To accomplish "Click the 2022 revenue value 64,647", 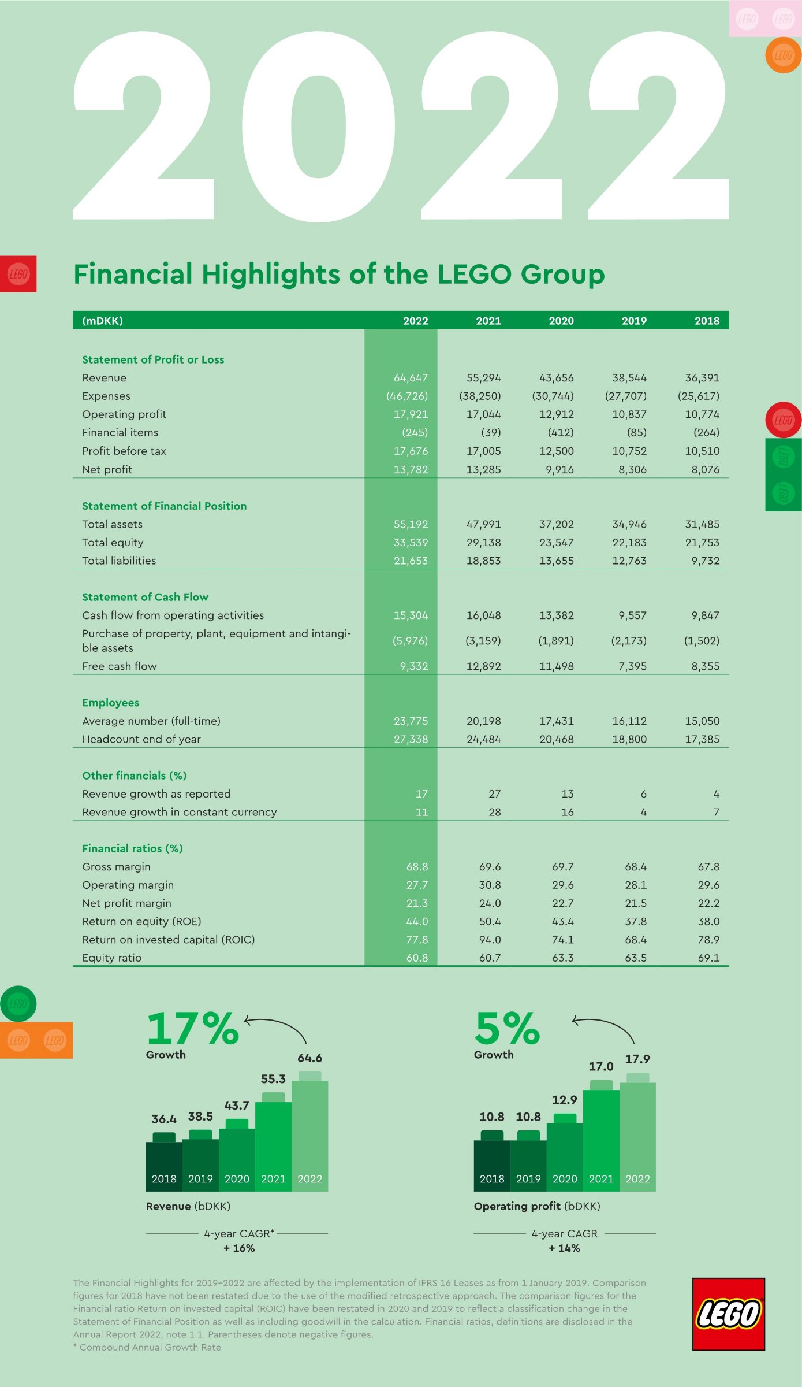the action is click(411, 378).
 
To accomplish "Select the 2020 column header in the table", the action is click(561, 321).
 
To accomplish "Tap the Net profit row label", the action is click(107, 469).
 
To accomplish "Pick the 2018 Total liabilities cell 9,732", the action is click(705, 561).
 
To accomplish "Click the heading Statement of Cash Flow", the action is click(145, 597).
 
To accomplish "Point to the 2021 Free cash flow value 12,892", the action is click(483, 666).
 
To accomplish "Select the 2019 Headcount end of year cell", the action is click(629, 739).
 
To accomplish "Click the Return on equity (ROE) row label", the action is click(141, 921).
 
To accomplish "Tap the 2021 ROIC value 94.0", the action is click(490, 940).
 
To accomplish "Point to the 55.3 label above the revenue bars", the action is click(273, 1079).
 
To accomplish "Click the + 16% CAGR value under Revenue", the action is click(239, 1248).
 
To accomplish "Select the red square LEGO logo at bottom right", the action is click(729, 1314).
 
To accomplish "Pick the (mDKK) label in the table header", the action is click(102, 321).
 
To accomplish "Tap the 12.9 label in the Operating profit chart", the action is click(564, 1100).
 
